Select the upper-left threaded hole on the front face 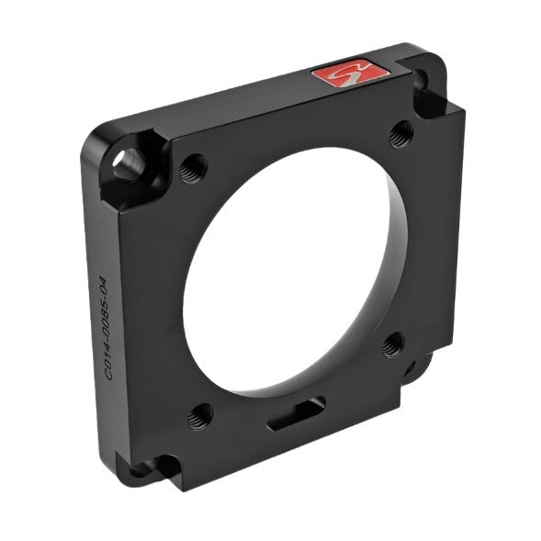click(194, 169)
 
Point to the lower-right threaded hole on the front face click(393, 344)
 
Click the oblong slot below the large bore click(296, 415)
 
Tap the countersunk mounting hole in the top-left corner click(128, 163)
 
